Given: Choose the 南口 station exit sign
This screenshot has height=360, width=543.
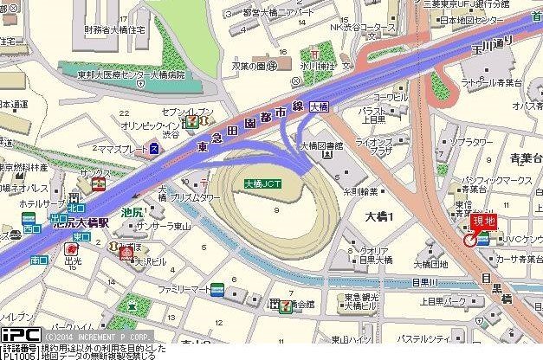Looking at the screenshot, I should pyautogui.click(x=38, y=259).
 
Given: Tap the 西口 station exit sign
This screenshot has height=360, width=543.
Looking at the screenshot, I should pyautogui.click(x=31, y=228).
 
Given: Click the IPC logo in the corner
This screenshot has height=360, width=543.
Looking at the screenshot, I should pyautogui.click(x=19, y=334).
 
